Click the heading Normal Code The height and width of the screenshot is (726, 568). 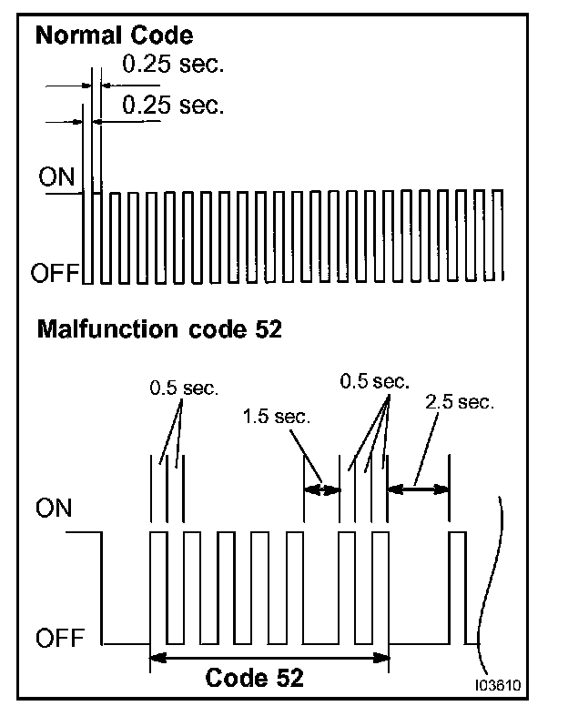114,36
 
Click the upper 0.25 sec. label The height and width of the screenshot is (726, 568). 172,66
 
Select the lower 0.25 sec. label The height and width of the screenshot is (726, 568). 172,106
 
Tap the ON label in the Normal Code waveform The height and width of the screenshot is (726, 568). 56,177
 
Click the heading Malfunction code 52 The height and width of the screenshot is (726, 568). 159,329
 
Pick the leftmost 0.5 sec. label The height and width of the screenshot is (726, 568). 184,388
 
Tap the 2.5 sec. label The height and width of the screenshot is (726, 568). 460,402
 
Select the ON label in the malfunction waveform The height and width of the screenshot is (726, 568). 56,509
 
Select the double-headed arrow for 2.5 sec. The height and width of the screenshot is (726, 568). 419,489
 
